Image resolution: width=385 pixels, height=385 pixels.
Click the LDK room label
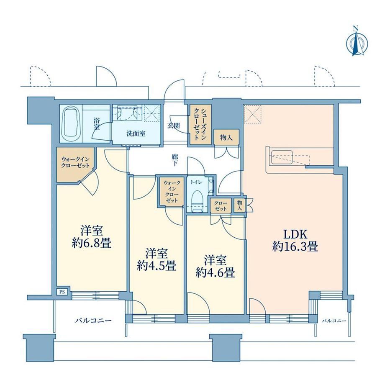[295, 235]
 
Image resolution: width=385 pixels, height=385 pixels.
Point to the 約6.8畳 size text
[92, 244]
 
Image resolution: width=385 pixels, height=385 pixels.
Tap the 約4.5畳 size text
[157, 266]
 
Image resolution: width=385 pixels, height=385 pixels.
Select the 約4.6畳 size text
[215, 272]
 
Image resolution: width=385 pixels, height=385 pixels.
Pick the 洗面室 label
[136, 134]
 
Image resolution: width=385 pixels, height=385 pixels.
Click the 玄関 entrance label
[174, 126]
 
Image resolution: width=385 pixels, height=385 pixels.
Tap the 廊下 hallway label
[175, 160]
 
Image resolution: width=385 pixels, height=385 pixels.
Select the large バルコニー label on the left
[93, 321]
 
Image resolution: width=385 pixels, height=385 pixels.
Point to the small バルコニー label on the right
[334, 321]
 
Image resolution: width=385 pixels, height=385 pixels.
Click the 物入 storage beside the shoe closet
[226, 138]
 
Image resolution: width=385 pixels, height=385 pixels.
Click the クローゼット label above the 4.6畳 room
[221, 206]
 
